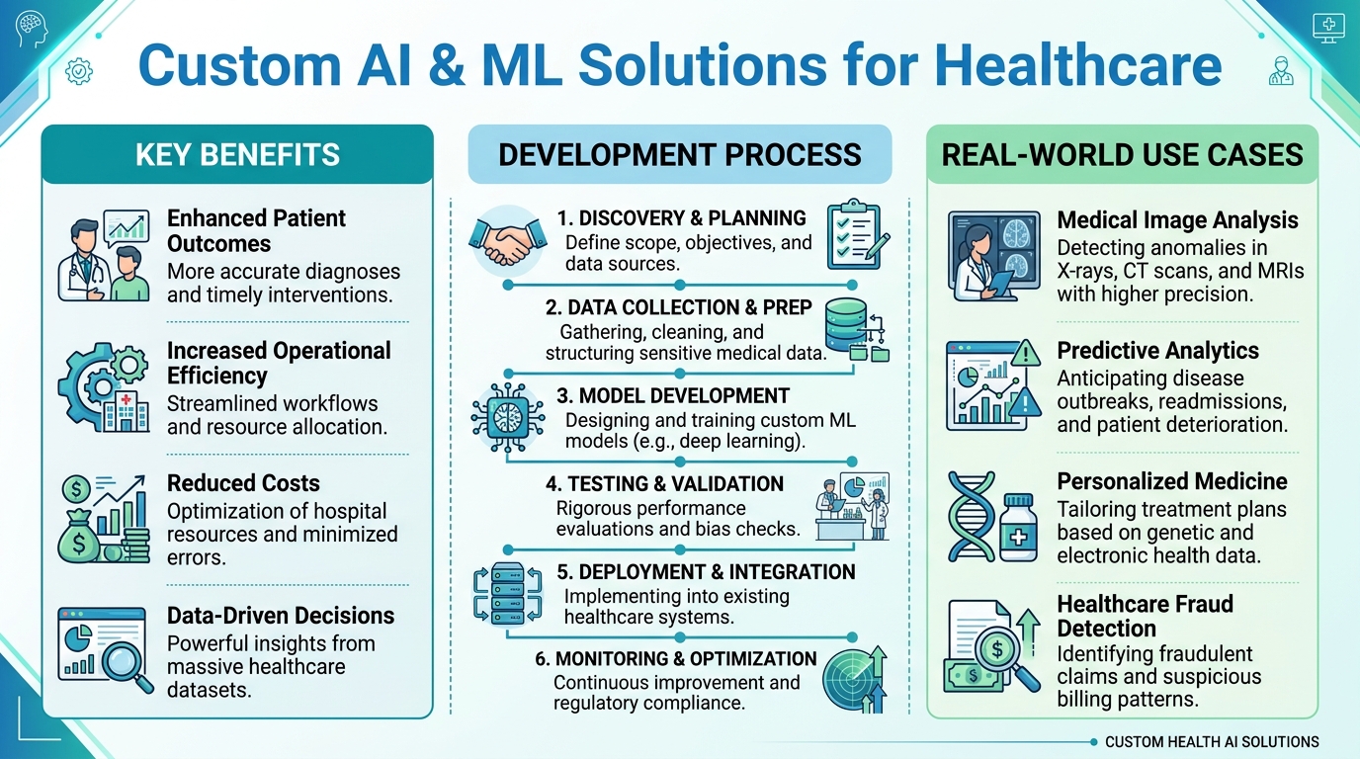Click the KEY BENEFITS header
[237, 155]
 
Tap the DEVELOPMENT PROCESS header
[679, 155]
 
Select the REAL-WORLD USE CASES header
[1122, 155]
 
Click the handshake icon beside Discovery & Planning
[508, 242]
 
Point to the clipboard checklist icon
[857, 234]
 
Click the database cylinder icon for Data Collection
[846, 325]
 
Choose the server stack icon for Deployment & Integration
[508, 593]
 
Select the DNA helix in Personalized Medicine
[972, 516]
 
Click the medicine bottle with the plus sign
[1018, 527]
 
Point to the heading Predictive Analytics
[1157, 351]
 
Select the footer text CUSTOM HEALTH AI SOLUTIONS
[1212, 742]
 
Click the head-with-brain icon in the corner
[32, 29]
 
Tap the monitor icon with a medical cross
[1328, 28]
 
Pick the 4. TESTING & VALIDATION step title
[664, 484]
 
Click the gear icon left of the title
[79, 71]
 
